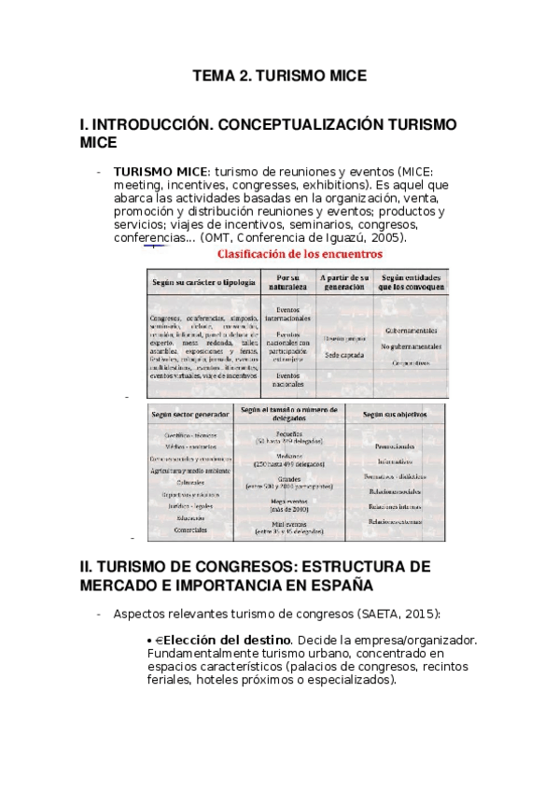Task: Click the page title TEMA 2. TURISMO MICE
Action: pos(279,76)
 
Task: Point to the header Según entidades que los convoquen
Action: pos(410,282)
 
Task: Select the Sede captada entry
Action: pos(342,355)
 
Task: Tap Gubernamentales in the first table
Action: pos(410,330)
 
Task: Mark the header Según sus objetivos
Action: pos(395,412)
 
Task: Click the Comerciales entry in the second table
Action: pos(190,530)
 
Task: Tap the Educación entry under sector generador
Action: pos(190,517)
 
